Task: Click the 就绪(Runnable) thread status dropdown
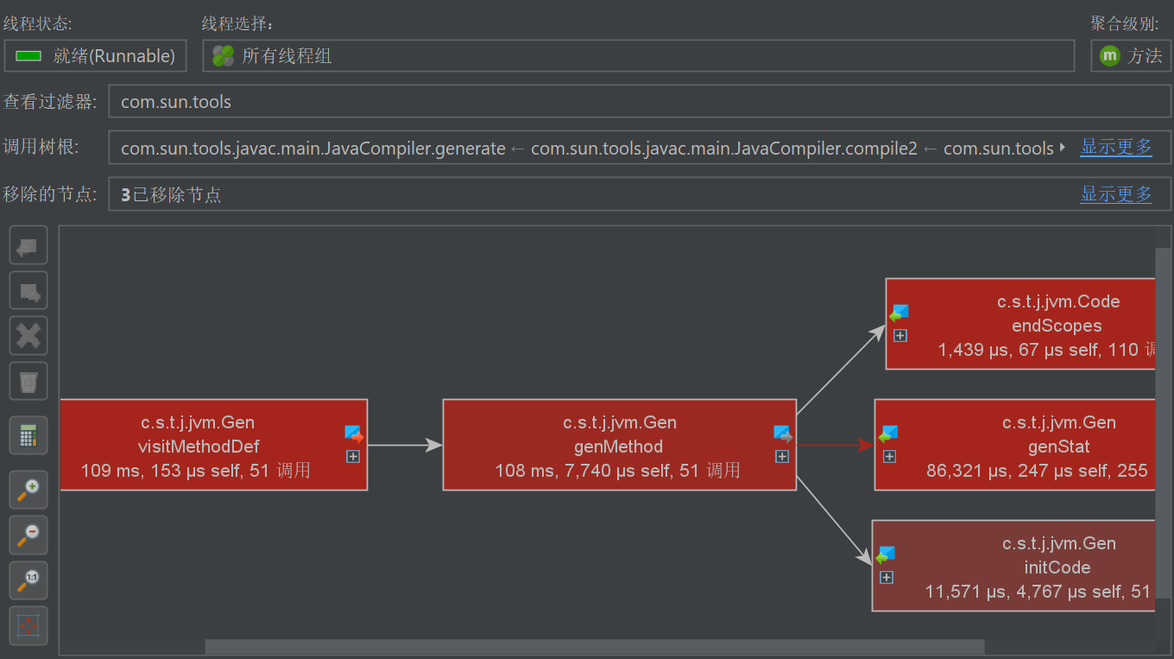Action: pos(95,56)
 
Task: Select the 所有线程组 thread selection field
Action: pos(638,56)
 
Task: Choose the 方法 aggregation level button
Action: pos(1131,56)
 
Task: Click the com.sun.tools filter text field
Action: pos(639,102)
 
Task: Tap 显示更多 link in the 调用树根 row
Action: pos(1116,147)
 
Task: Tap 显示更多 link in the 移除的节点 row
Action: pos(1116,194)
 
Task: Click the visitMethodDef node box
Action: pos(199,446)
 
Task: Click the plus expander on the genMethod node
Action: pos(782,456)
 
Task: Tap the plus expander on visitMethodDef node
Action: pos(353,456)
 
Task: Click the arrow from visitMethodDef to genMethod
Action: pos(405,446)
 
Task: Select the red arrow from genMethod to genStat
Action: pos(834,446)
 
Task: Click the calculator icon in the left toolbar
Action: pos(28,436)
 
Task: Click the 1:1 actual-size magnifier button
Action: pos(28,580)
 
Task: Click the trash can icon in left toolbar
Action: pos(28,381)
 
